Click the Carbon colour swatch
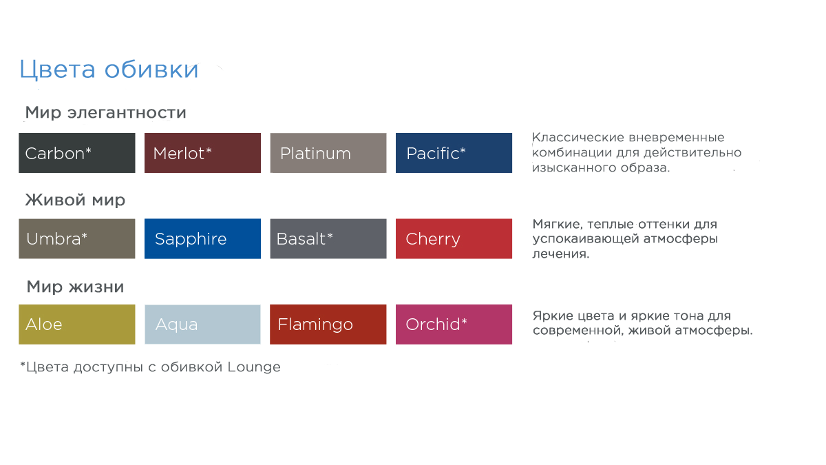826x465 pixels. point(77,153)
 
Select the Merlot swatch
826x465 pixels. point(202,153)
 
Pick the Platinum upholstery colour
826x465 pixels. point(328,153)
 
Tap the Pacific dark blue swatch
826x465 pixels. point(454,153)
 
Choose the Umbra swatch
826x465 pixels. point(77,239)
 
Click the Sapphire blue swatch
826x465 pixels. point(202,239)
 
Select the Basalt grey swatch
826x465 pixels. point(328,239)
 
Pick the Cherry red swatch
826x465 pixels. point(454,239)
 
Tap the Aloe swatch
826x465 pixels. point(77,324)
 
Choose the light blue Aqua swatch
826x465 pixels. point(202,324)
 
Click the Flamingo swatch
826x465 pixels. point(328,324)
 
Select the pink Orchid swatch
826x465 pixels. point(454,324)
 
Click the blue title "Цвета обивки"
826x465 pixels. point(109,70)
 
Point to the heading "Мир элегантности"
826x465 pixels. point(106,112)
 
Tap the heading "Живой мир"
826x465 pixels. point(75,200)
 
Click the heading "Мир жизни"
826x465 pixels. point(75,287)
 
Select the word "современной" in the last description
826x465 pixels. point(577,330)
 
